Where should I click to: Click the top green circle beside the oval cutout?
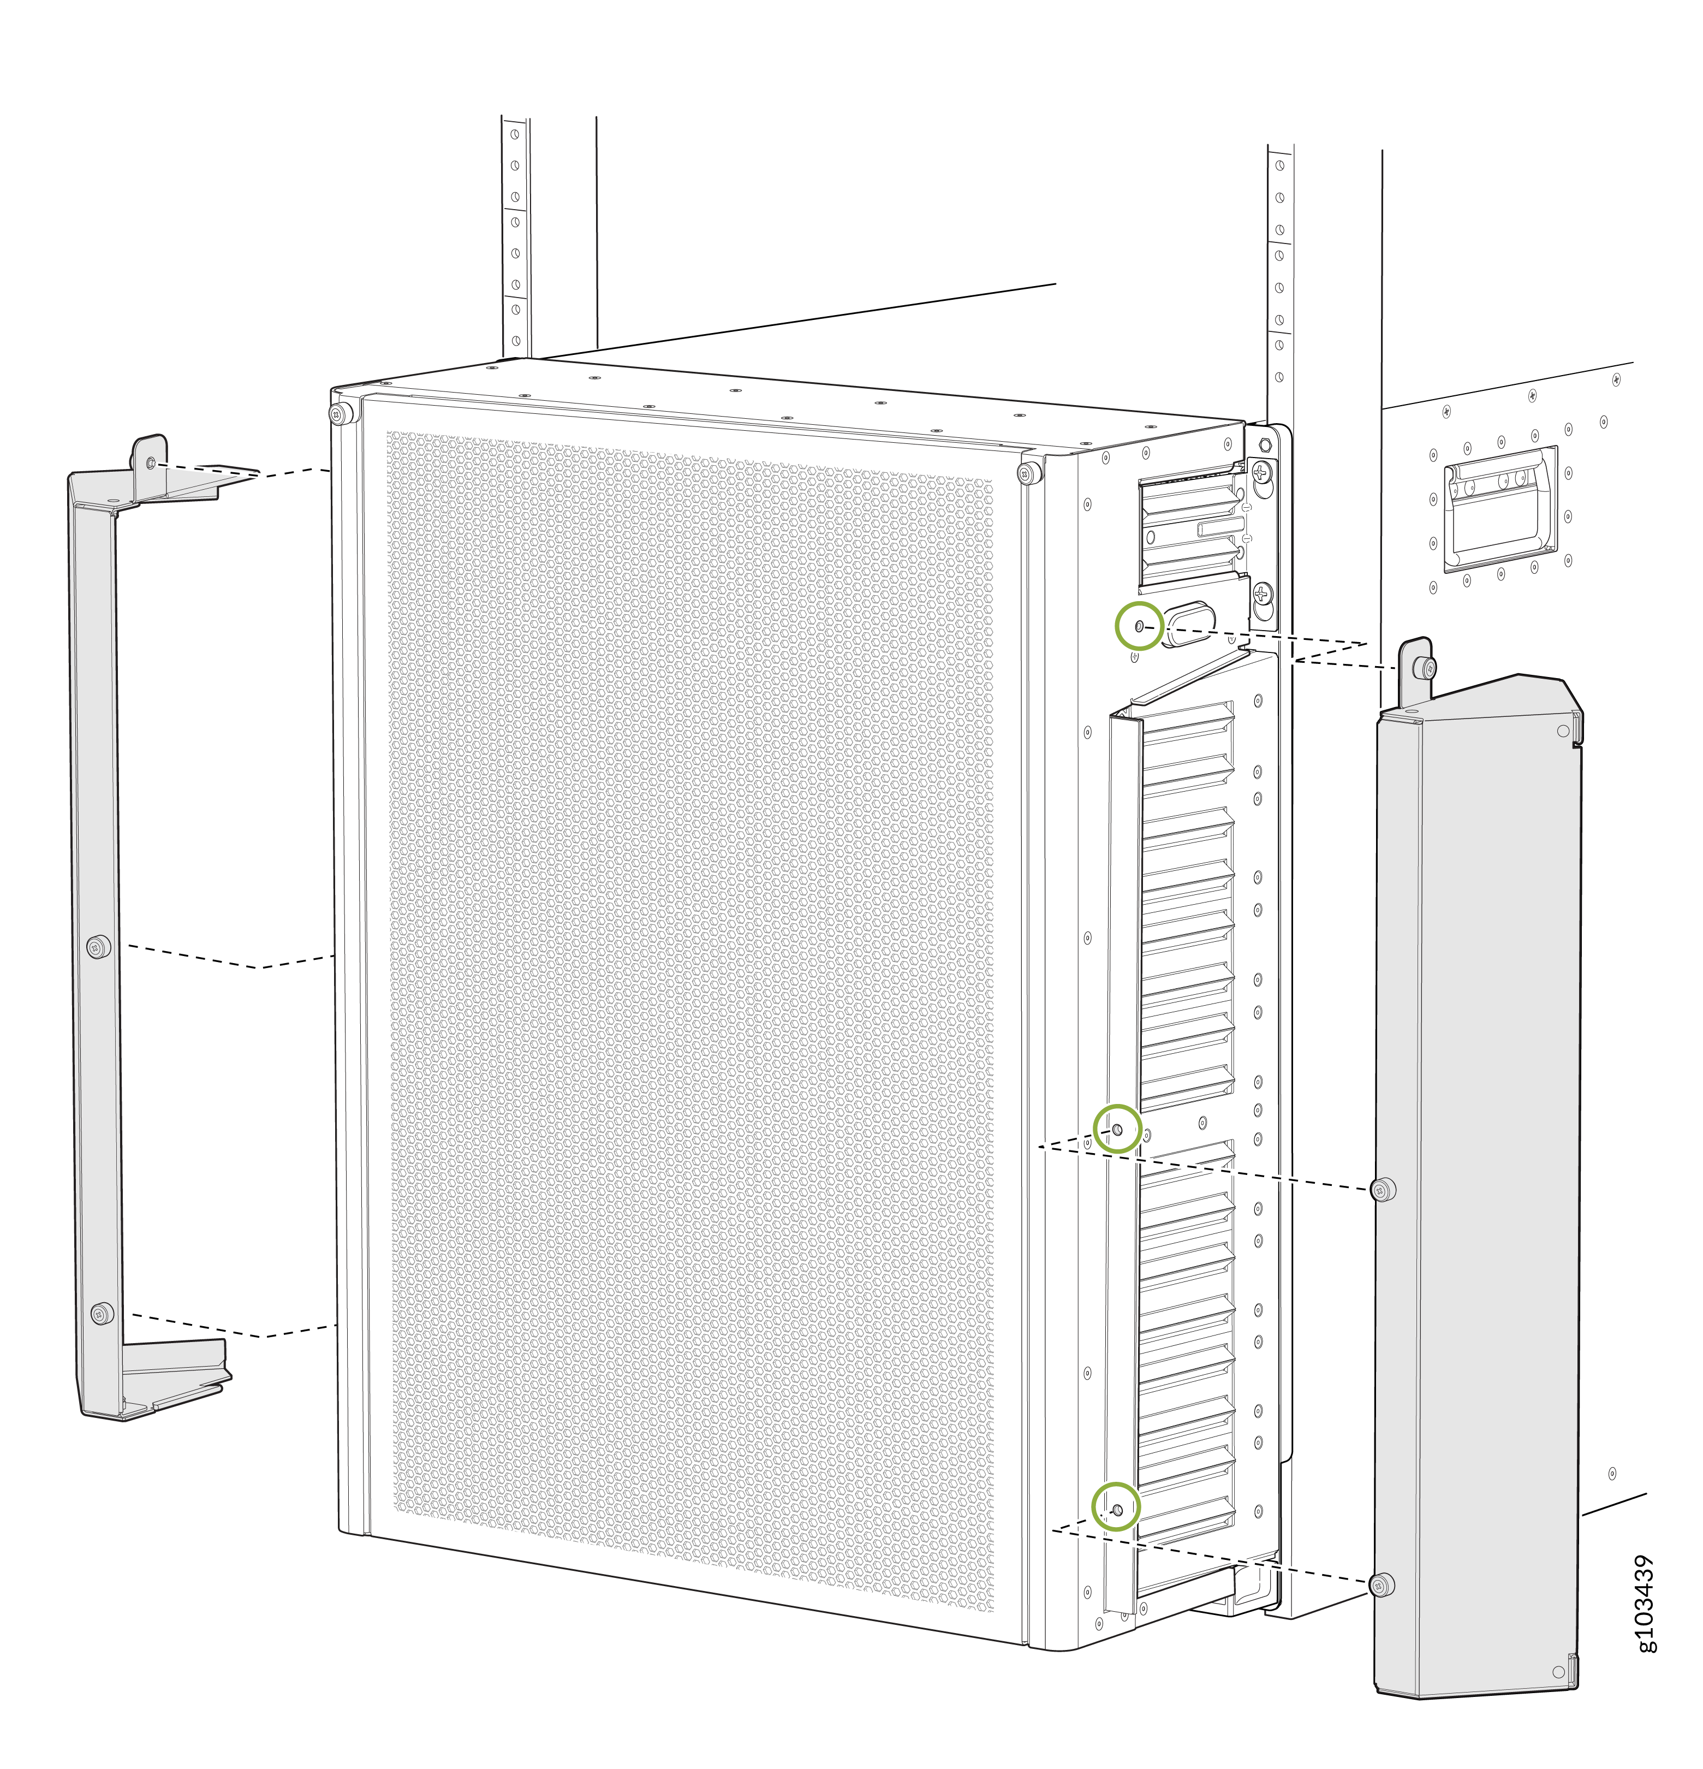1139,626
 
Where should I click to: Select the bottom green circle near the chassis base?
1116,1508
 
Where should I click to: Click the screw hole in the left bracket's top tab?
151,463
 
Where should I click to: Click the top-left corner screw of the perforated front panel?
340,414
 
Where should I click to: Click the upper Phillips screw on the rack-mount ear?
1261,470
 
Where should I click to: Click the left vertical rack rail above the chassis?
515,235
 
